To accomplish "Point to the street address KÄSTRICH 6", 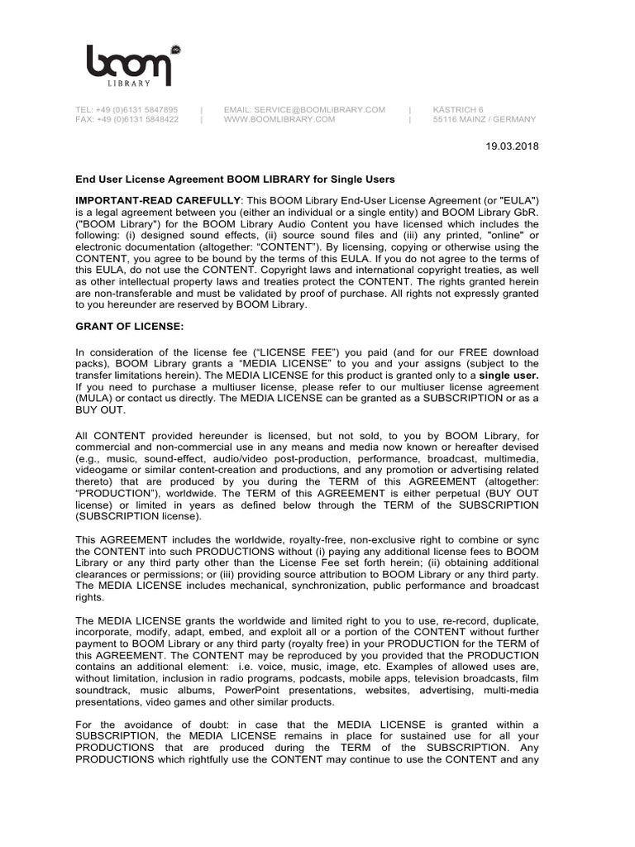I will [x=458, y=109].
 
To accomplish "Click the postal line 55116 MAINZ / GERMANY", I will [x=485, y=119].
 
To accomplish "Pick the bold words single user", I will [x=508, y=375].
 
